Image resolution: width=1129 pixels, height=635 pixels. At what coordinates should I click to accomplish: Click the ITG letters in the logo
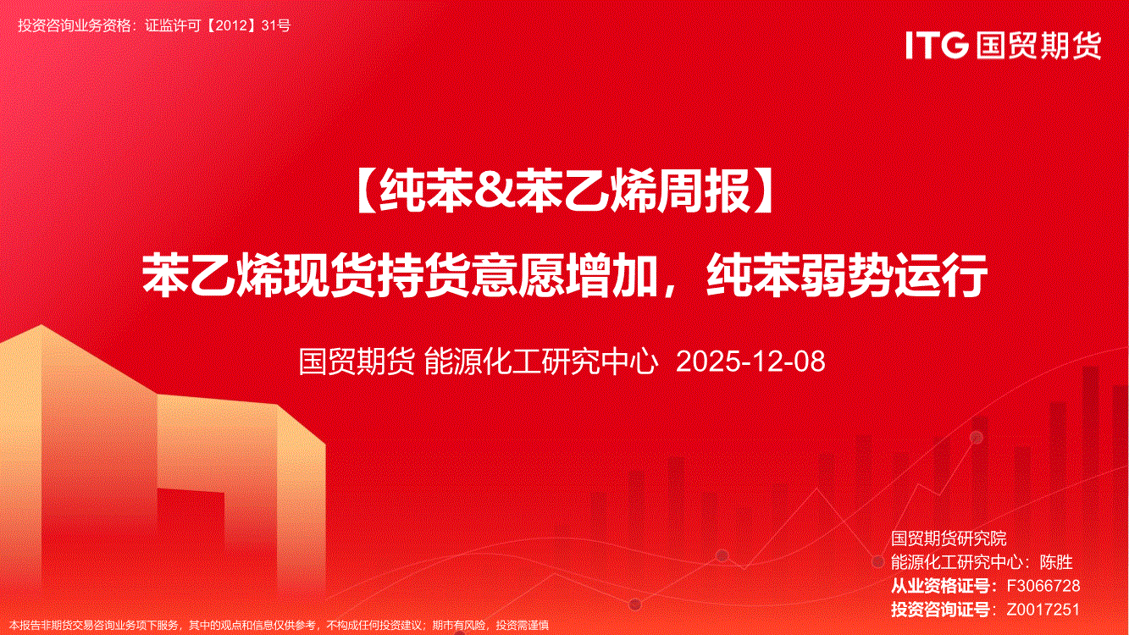937,45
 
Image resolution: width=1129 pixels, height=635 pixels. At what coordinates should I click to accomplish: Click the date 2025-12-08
750,362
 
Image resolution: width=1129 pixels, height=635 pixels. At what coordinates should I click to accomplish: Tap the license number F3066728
1043,586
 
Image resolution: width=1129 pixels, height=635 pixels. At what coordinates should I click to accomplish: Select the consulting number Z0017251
1043,610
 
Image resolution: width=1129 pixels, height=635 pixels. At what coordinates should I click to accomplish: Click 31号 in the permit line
276,25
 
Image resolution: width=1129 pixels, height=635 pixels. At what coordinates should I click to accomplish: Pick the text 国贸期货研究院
949,538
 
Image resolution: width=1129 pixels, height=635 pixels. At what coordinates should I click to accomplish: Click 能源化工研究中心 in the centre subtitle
541,362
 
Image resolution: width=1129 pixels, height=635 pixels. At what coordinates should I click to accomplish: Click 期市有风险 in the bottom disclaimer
459,626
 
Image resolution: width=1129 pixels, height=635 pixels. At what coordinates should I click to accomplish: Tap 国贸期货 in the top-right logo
1038,45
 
